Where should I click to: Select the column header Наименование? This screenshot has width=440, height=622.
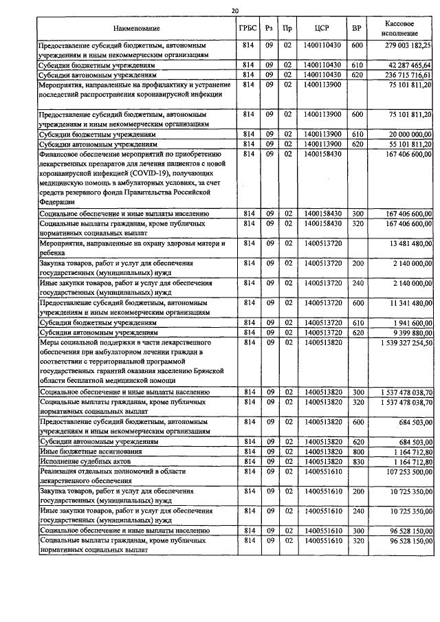point(136,29)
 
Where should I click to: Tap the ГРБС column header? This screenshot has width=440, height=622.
point(249,29)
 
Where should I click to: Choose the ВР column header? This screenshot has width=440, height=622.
point(356,29)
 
